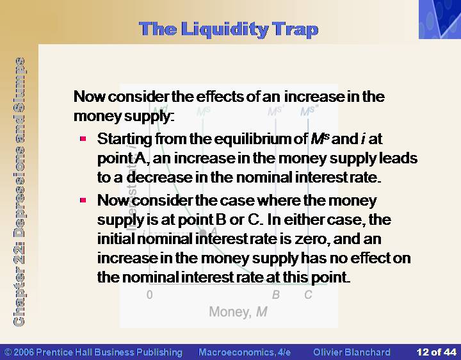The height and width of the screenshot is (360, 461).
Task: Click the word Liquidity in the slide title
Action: pyautogui.click(x=224, y=30)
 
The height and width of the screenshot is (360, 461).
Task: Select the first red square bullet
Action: pyautogui.click(x=83, y=138)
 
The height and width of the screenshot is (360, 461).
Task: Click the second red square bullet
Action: pyautogui.click(x=83, y=200)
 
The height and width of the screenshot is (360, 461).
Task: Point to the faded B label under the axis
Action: pyautogui.click(x=276, y=295)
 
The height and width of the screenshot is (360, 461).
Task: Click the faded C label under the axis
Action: pyautogui.click(x=308, y=295)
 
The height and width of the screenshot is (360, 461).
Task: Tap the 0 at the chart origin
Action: pyautogui.click(x=149, y=295)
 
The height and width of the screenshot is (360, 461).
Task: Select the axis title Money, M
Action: pyautogui.click(x=238, y=312)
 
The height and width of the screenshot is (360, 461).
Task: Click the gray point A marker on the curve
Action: pyautogui.click(x=202, y=233)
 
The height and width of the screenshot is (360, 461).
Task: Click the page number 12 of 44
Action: pyautogui.click(x=436, y=352)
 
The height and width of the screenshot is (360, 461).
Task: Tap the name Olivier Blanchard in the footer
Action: pyautogui.click(x=352, y=352)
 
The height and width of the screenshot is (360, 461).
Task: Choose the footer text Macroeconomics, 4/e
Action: pyautogui.click(x=245, y=352)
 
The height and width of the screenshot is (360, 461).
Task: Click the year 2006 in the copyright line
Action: pyautogui.click(x=23, y=352)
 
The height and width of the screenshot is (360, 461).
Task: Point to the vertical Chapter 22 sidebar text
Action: pyautogui.click(x=19, y=192)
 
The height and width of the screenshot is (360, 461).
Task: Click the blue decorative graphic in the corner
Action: pyautogui.click(x=440, y=19)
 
